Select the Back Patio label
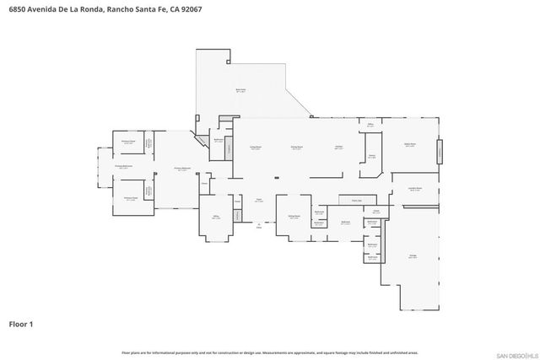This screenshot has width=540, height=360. [x=240, y=90]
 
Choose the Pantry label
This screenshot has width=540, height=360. [x=371, y=156]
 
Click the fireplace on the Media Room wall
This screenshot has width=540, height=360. [x=438, y=153]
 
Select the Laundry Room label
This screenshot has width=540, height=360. [x=415, y=189]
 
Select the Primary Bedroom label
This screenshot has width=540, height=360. [x=181, y=169]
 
